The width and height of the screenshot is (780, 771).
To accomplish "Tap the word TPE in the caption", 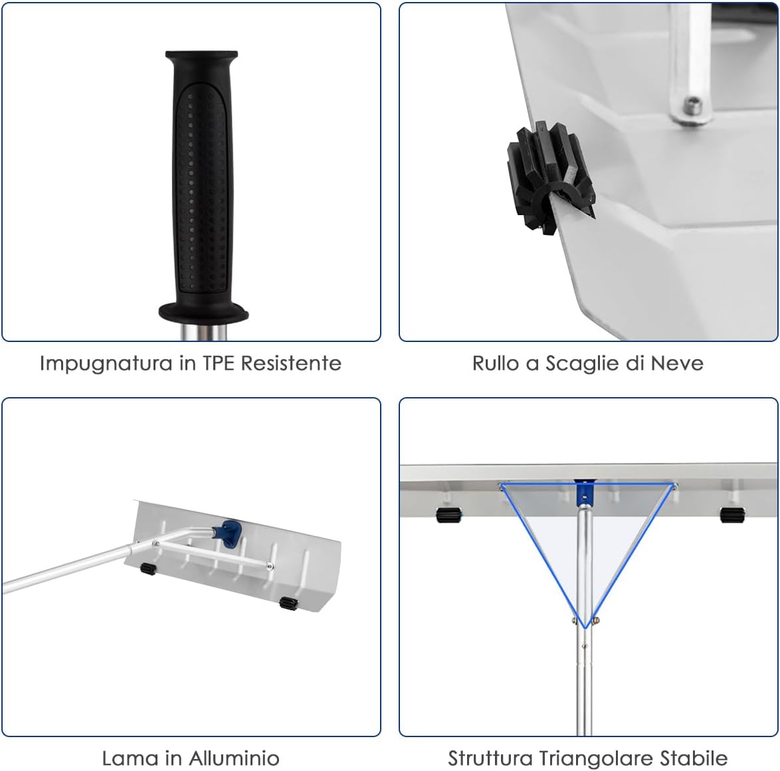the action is (x=218, y=363).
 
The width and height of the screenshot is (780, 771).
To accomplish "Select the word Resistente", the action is (x=292, y=363).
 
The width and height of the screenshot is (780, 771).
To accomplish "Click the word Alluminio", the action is (x=234, y=758).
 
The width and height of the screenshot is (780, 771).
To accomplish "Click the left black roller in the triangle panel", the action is (x=448, y=515).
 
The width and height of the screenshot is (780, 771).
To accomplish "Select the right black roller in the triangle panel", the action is (x=732, y=515).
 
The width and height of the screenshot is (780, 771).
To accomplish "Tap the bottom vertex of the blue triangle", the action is (x=585, y=628).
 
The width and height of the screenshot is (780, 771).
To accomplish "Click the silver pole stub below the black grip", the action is (x=203, y=331).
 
